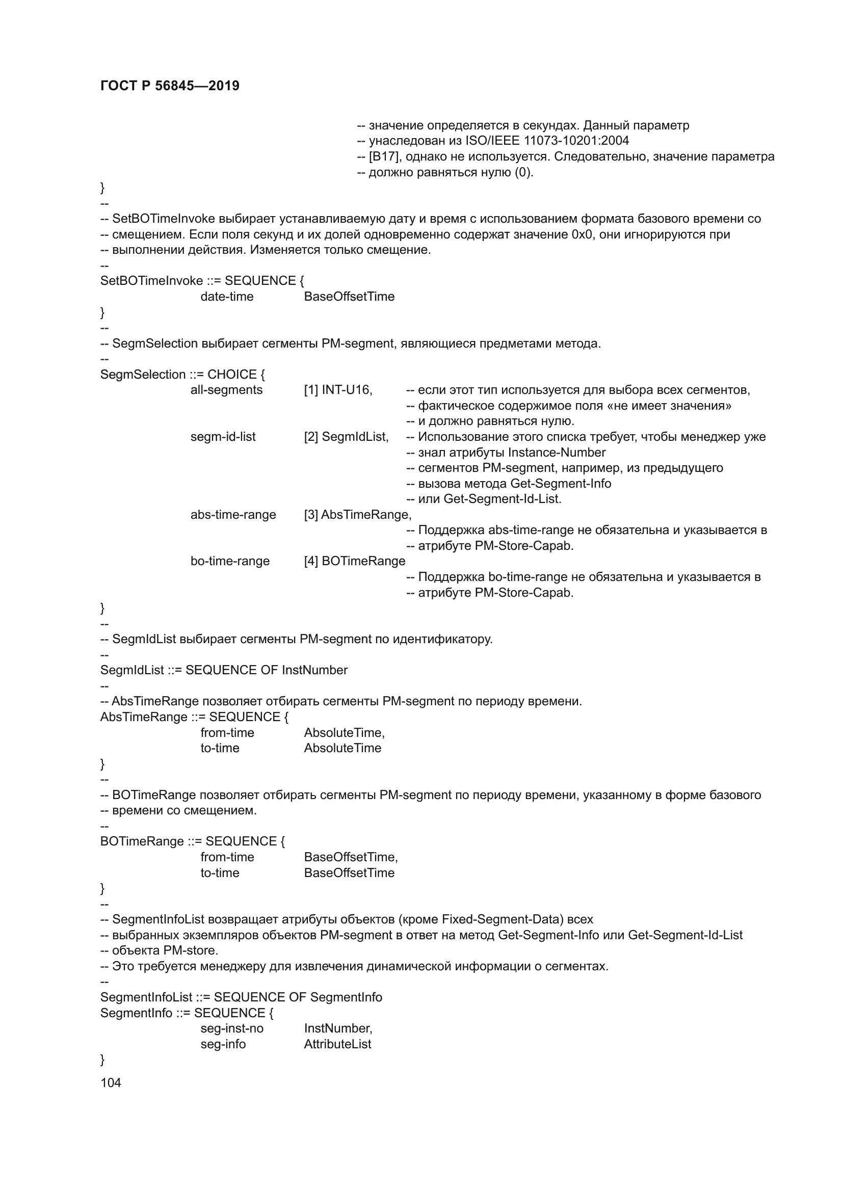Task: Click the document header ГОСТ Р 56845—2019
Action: pyautogui.click(x=170, y=86)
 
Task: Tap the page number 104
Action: pyautogui.click(x=111, y=1082)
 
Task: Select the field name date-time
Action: pyautogui.click(x=227, y=297)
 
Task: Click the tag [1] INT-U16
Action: pyautogui.click(x=338, y=390)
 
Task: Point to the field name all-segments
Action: pyautogui.click(x=226, y=390)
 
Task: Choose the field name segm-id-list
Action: pyautogui.click(x=223, y=437)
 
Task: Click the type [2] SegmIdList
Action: pyautogui.click(x=346, y=437)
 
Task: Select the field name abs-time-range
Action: pyautogui.click(x=233, y=515)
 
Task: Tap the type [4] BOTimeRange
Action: pyautogui.click(x=355, y=561)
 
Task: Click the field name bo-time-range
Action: pyautogui.click(x=230, y=561)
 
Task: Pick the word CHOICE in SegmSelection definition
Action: pyautogui.click(x=232, y=375)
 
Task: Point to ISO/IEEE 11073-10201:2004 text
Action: pyautogui.click(x=547, y=141)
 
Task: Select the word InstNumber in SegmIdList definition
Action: pyautogui.click(x=314, y=670)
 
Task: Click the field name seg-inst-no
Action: pyautogui.click(x=232, y=1028)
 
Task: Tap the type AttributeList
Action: pyautogui.click(x=337, y=1044)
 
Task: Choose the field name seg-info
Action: pyautogui.click(x=223, y=1044)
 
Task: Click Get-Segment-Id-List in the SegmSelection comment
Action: pyautogui.click(x=502, y=499)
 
